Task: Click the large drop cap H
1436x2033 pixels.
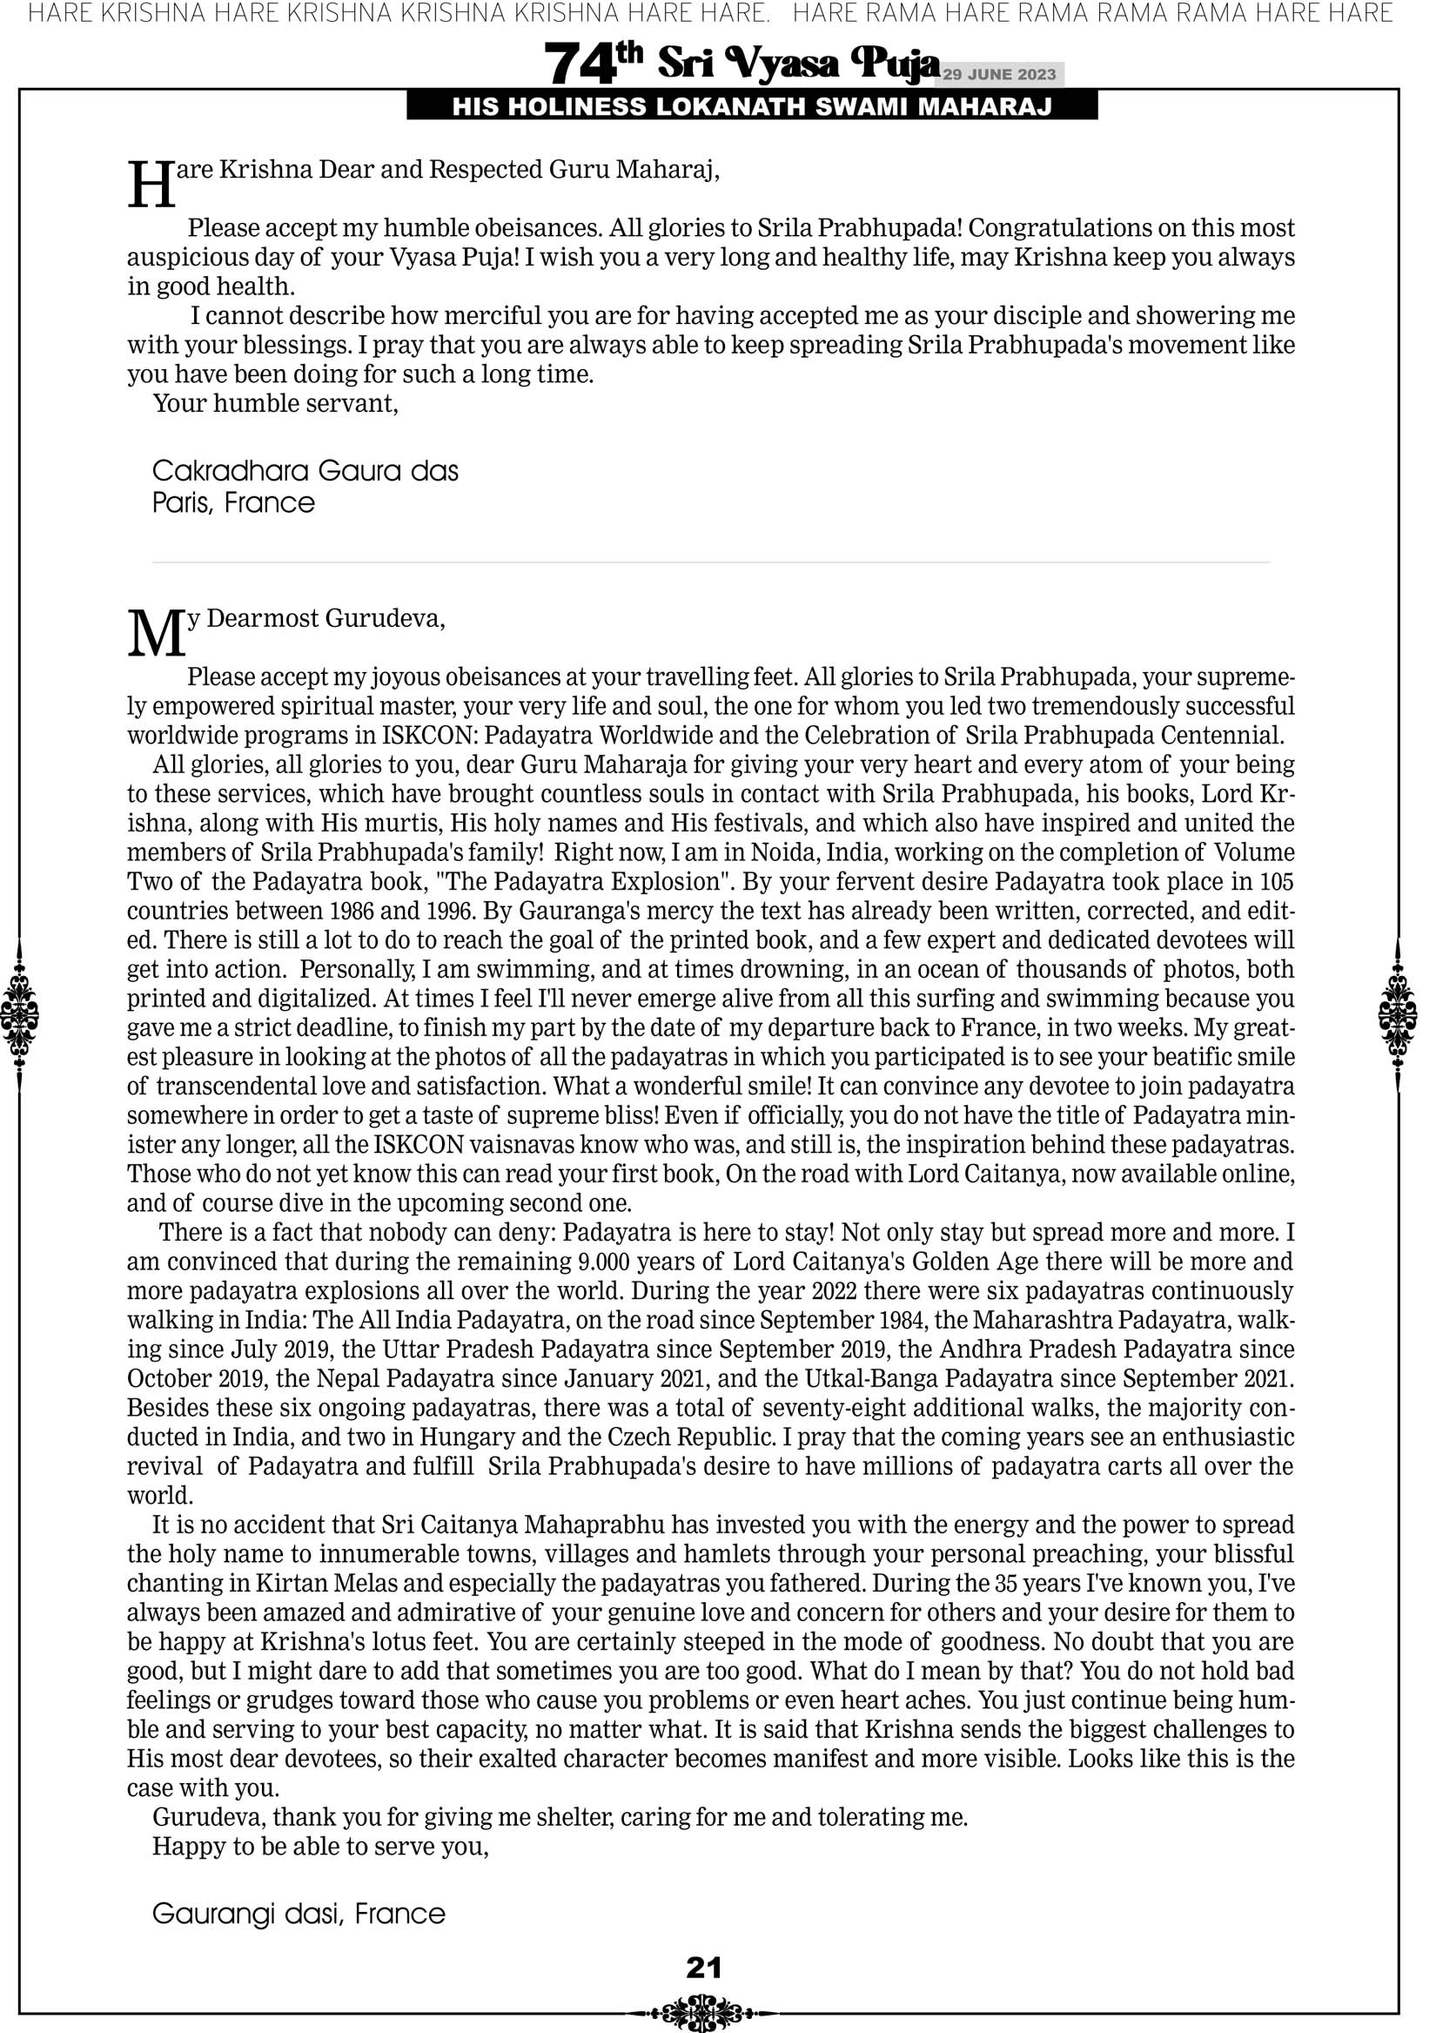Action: (151, 185)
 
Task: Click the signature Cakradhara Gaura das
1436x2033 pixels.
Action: (305, 470)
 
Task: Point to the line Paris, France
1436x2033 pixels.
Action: (234, 503)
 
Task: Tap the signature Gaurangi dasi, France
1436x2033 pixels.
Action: (299, 1914)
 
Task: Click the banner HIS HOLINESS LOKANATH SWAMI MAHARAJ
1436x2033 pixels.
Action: (752, 107)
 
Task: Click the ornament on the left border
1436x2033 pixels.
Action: (19, 1014)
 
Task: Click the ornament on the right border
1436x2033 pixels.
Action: (1398, 1014)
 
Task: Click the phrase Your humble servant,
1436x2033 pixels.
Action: (275, 404)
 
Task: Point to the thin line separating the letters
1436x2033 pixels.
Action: (710, 562)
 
